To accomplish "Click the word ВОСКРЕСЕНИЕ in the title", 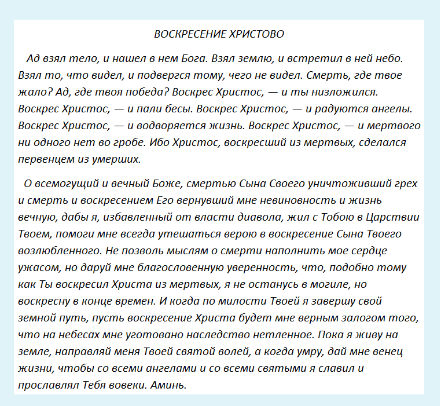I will pos(188,34).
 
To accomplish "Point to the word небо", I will pos(387,59).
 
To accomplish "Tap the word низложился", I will pos(346,92).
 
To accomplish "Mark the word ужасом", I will pos(36,268).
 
